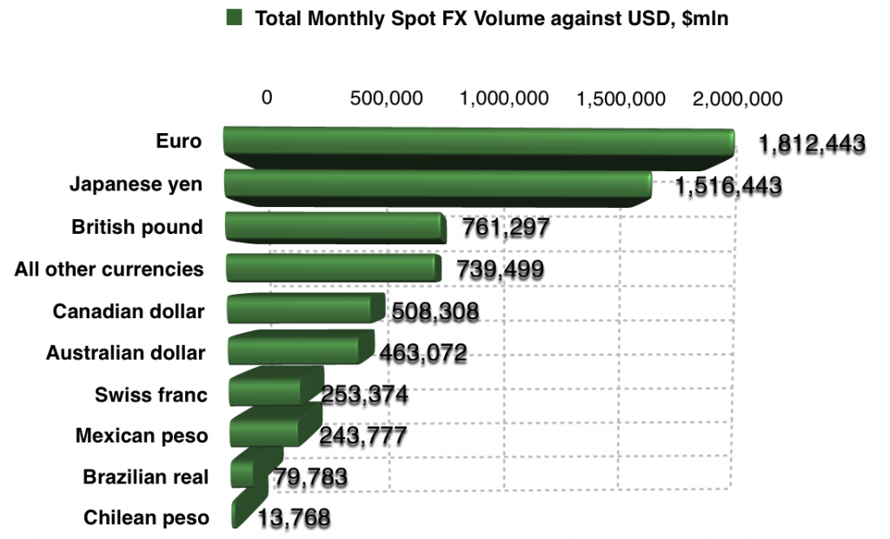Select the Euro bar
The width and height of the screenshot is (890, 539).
click(x=478, y=148)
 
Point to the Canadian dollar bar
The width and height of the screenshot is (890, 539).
click(x=304, y=309)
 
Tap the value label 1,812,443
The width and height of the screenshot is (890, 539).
click(x=811, y=143)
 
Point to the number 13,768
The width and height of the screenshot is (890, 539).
click(x=294, y=518)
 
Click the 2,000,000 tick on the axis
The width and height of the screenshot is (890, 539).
click(x=738, y=98)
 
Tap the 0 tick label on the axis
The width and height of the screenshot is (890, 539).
click(x=268, y=98)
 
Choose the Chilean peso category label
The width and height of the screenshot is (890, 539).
click(x=146, y=518)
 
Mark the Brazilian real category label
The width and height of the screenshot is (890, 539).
click(x=146, y=477)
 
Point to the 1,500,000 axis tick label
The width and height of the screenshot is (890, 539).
click(x=621, y=98)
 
